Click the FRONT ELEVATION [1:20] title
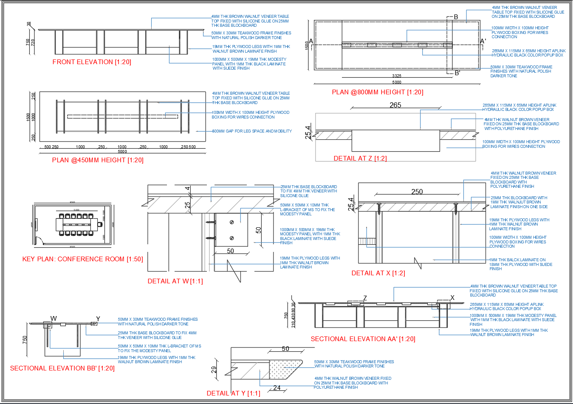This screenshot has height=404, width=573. pos(92,62)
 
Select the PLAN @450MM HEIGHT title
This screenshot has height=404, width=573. pos(98,160)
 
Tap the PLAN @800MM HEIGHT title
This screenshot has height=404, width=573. pos(377,92)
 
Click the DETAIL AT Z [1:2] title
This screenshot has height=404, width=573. pos(360,158)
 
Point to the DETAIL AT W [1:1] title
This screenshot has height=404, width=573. pos(175,281)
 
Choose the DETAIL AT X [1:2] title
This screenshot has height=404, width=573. pos(378,273)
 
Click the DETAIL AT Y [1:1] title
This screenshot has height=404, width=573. pos(233,393)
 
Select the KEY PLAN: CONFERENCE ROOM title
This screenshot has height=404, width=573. pos(82,259)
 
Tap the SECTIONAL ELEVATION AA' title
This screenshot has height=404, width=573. pos(363,339)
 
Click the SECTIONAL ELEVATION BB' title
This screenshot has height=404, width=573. pos(62,368)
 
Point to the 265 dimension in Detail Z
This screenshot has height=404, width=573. pos(395,105)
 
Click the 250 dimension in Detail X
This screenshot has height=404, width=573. pos(417,192)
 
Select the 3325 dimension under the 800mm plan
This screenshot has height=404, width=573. pos(396,76)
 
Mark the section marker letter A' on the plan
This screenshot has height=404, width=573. pos(483,41)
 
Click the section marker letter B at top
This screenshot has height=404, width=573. pos(456,17)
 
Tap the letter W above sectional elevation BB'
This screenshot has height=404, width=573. pos(54,318)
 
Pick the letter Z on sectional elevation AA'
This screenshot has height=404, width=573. pos(365,298)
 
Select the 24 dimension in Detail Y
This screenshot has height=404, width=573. pos(277,388)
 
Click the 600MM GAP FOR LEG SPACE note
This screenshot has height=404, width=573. pos(252,131)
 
